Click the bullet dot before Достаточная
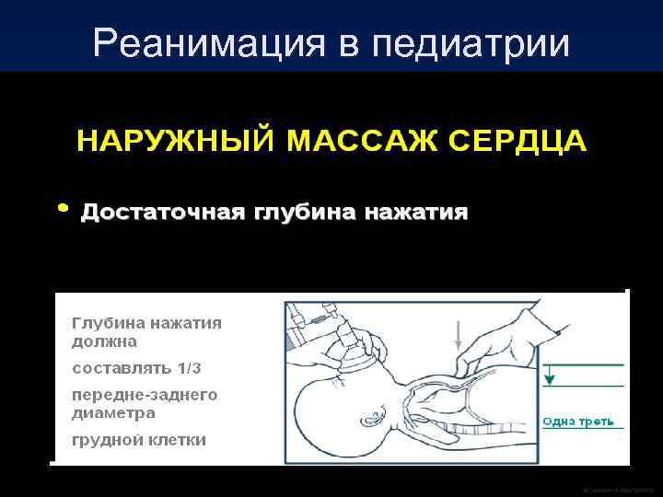(62, 208)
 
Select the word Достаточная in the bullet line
(161, 214)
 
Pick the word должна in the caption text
(104, 341)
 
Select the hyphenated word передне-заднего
(145, 394)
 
